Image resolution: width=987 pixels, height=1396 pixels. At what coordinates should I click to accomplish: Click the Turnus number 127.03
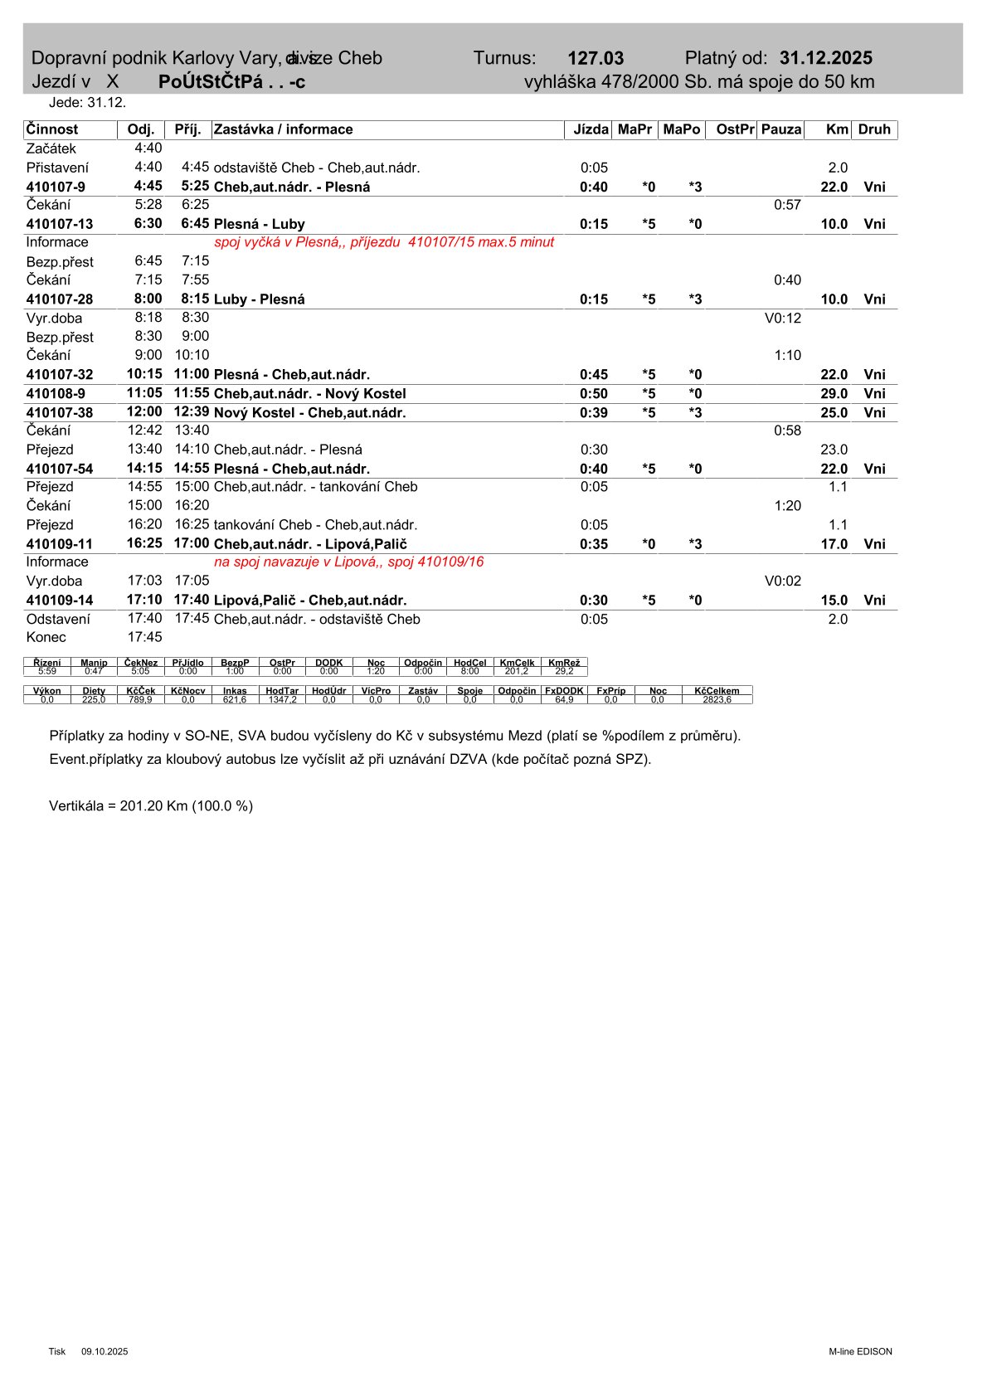coord(595,58)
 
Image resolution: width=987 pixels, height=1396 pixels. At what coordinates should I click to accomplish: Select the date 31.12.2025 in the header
coord(825,58)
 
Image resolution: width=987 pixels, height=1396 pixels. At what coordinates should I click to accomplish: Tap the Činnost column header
coord(52,129)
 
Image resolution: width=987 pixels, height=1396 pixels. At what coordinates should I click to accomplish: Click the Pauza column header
coord(780,129)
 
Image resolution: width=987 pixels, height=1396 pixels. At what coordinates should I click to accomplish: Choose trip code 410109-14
coord(60,601)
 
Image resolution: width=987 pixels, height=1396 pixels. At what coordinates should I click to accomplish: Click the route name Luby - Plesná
coord(259,299)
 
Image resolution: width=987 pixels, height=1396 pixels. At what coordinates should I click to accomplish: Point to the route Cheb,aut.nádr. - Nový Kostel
coord(309,394)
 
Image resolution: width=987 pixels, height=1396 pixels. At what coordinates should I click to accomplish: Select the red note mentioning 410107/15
coord(384,242)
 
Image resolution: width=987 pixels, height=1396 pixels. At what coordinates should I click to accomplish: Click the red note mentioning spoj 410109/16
coord(348,562)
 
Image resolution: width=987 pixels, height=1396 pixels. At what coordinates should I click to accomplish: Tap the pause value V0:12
coord(782,319)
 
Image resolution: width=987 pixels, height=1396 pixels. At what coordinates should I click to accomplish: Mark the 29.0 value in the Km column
coord(834,394)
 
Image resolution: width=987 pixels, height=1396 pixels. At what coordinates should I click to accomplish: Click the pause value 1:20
coord(787,506)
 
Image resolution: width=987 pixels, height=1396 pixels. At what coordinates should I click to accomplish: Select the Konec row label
coord(46,638)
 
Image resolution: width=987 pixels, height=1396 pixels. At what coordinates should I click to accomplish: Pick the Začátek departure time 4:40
coord(148,148)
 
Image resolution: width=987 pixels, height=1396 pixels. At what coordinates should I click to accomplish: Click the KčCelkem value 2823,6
coord(717,700)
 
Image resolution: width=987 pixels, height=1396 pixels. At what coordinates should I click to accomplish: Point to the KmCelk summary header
coord(517,663)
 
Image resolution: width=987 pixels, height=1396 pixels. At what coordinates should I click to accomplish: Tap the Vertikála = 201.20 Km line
coord(151,805)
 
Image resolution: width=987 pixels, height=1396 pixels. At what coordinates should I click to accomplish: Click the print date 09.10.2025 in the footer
coord(105,1351)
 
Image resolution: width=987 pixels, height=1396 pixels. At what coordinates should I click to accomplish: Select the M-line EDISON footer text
coord(860,1351)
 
